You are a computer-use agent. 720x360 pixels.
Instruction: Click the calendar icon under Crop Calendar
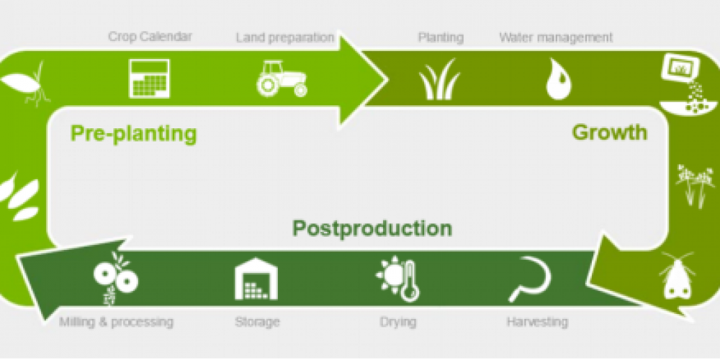click(150, 78)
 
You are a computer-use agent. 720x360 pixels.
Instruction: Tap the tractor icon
click(282, 78)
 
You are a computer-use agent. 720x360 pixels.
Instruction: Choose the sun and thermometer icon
click(397, 279)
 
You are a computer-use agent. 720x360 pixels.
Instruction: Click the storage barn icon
click(256, 279)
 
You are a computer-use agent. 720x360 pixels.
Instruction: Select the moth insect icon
click(677, 276)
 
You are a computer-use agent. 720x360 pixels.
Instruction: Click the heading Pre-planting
click(134, 134)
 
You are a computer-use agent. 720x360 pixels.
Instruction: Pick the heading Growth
click(609, 132)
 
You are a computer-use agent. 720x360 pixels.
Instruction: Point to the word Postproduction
click(372, 228)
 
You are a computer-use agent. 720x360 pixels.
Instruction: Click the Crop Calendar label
click(150, 36)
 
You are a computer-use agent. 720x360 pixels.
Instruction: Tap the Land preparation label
click(285, 37)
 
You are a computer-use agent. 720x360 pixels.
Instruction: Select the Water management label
click(556, 37)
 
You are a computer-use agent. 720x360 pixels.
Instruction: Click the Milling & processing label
click(116, 322)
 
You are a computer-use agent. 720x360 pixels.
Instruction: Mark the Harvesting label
click(537, 322)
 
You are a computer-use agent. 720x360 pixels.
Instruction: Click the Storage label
click(257, 322)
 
